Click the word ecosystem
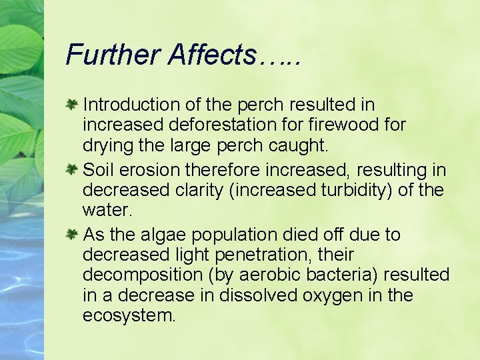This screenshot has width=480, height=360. pos(128,315)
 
